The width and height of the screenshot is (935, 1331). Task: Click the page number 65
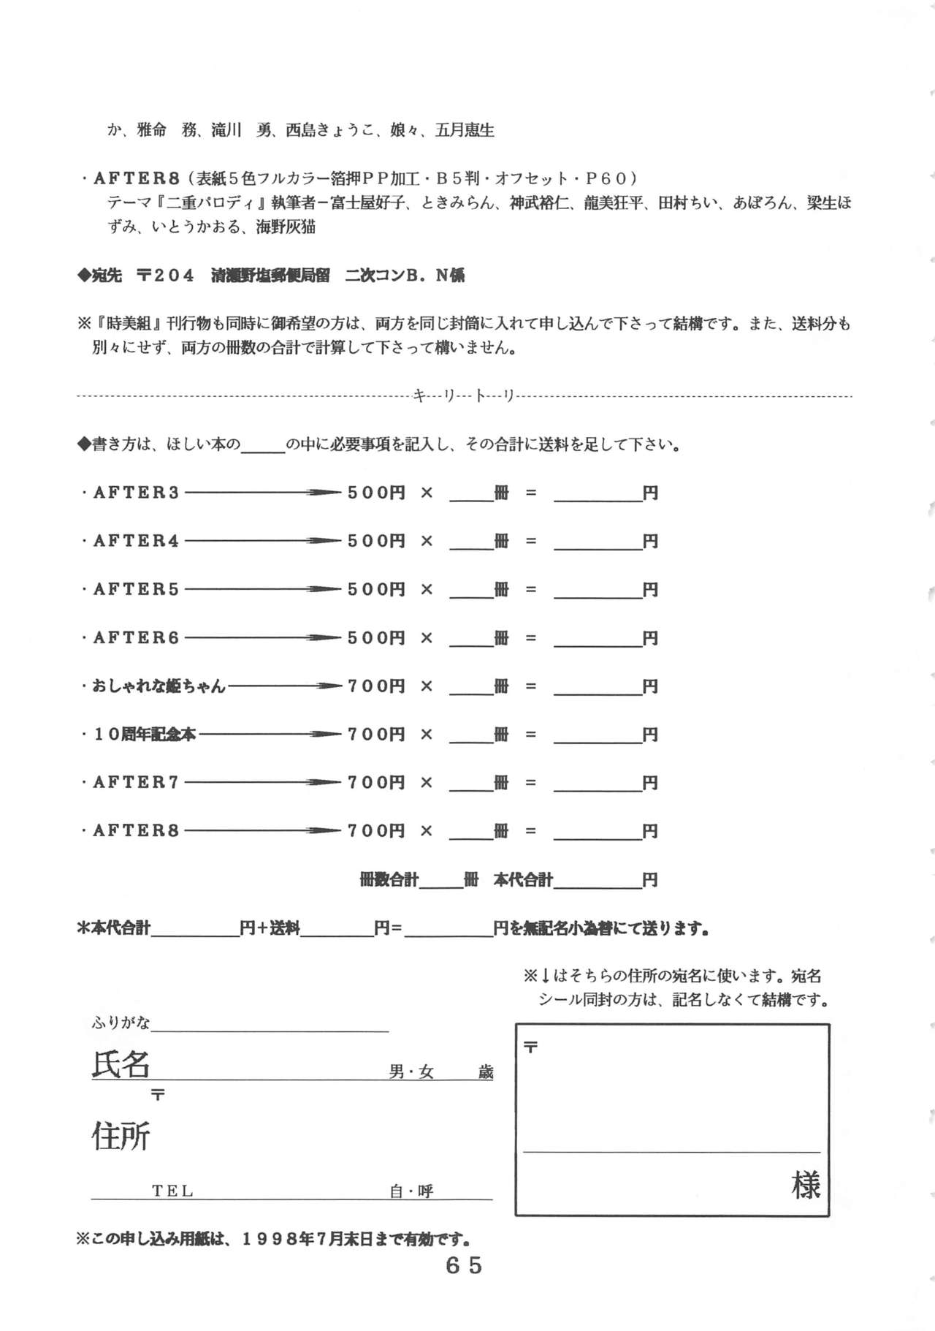point(464,1265)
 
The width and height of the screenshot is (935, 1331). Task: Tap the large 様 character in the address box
point(805,1185)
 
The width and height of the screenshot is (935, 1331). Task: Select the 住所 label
point(121,1137)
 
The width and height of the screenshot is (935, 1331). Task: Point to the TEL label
point(172,1191)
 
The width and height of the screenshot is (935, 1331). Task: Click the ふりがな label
point(121,1023)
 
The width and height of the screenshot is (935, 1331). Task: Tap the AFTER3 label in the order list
point(136,493)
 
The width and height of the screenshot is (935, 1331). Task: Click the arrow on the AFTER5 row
point(263,589)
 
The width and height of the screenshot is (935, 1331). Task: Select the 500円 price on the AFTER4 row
point(376,541)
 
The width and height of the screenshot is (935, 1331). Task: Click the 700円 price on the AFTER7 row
point(376,783)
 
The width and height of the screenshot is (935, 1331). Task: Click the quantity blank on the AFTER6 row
point(471,638)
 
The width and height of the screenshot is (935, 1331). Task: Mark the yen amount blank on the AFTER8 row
point(598,831)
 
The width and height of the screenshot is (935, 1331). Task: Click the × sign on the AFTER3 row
point(427,493)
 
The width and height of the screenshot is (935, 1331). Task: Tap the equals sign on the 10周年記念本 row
point(531,735)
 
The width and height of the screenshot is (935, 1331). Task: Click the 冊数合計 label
point(389,880)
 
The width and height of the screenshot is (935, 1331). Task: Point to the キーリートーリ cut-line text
point(465,396)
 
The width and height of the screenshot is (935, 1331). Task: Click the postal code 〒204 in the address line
point(166,276)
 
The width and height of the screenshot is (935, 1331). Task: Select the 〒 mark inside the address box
point(531,1047)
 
